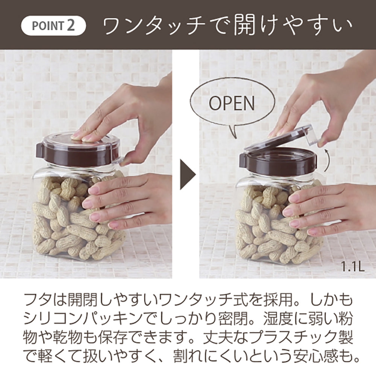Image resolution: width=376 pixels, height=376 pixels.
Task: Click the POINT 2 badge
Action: point(53,26)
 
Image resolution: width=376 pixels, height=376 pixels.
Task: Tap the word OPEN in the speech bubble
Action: point(232,103)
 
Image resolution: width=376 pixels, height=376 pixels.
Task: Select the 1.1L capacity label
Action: point(353,267)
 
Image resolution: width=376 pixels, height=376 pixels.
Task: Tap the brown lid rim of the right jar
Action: point(278,162)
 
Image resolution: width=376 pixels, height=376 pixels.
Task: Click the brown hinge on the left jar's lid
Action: point(40,151)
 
